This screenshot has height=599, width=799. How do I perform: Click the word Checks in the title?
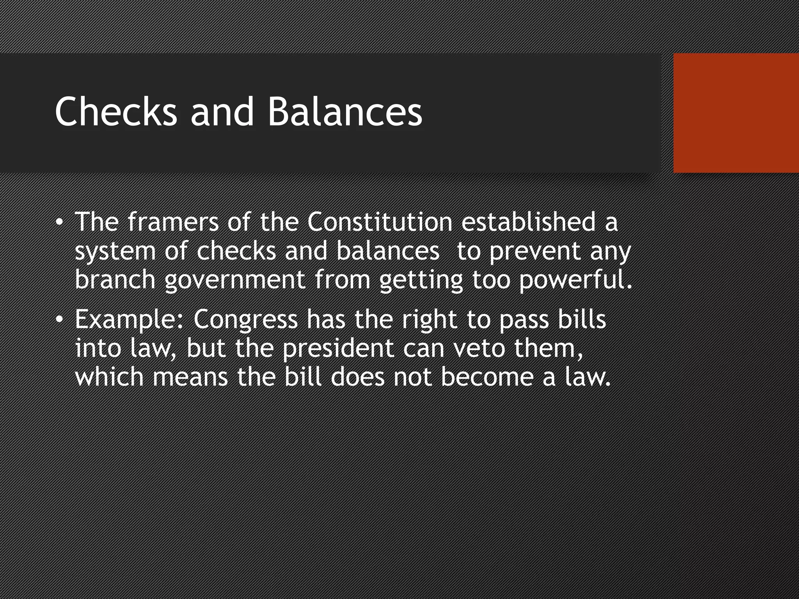(x=115, y=112)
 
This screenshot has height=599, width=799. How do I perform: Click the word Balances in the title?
(x=345, y=112)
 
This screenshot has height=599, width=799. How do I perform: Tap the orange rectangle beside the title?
(x=736, y=113)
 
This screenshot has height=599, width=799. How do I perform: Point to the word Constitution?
(x=380, y=222)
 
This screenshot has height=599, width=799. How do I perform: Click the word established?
(x=529, y=222)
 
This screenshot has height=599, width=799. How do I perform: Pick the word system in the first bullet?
(x=115, y=252)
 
